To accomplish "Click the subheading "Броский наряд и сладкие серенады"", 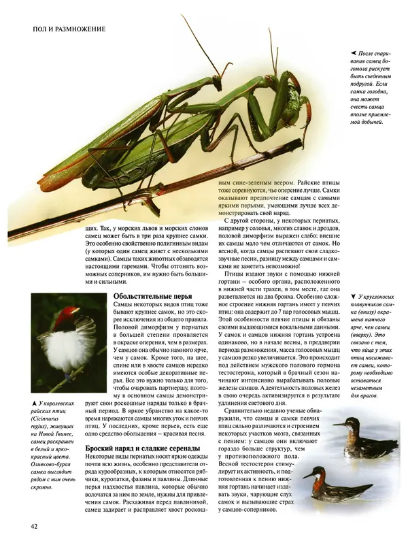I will [x=143, y=449].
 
